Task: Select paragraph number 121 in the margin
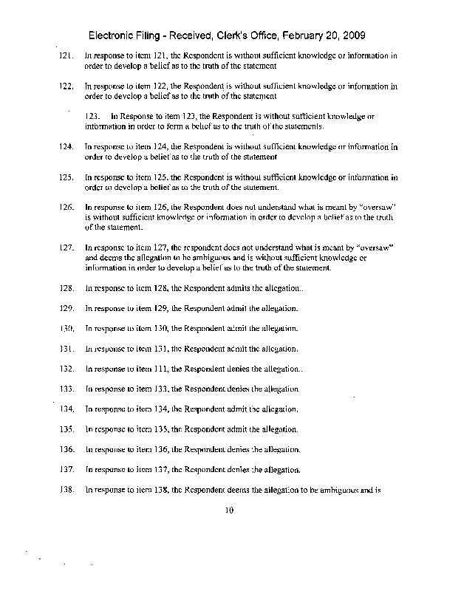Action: point(64,55)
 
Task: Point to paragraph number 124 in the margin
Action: point(64,147)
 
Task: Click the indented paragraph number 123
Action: point(93,117)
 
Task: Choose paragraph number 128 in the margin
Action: point(64,287)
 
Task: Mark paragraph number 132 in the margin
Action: point(64,368)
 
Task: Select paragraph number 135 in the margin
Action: point(64,429)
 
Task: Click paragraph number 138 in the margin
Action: point(64,490)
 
